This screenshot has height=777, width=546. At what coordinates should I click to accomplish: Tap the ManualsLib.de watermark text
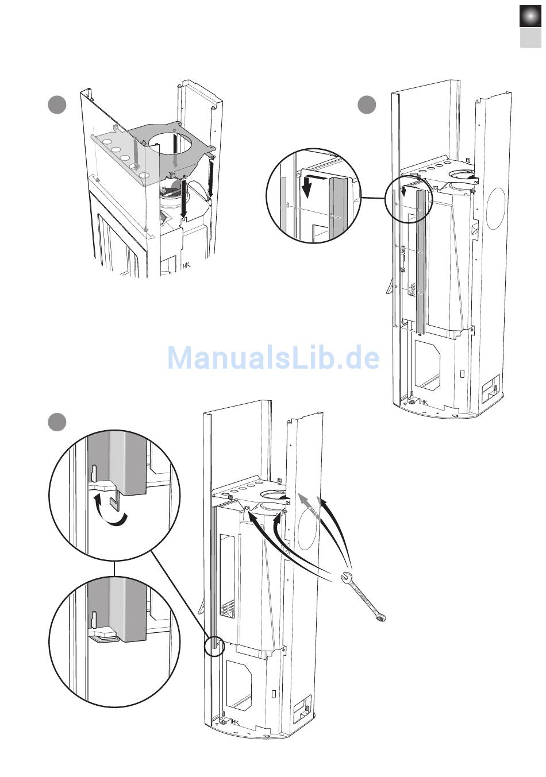point(274,358)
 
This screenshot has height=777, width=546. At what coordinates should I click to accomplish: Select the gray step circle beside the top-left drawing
point(57,106)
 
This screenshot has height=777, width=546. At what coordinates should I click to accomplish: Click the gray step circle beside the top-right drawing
point(367,106)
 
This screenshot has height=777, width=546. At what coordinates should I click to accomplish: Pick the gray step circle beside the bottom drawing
point(57,422)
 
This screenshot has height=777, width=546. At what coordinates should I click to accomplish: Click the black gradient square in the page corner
point(530,17)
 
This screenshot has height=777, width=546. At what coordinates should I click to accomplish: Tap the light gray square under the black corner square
point(530,38)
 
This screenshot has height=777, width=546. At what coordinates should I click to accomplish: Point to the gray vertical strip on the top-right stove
point(422,261)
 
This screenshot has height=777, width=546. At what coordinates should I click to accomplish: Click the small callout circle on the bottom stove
point(214,645)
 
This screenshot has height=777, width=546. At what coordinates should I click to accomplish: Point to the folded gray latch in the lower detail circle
point(103,637)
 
